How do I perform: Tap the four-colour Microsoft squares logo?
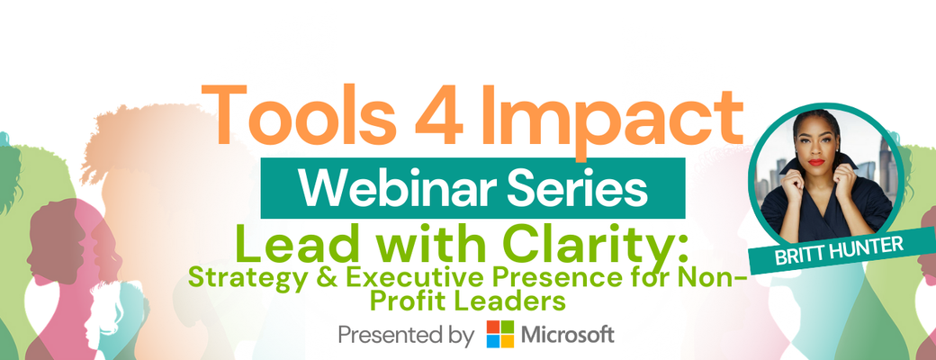point(500,334)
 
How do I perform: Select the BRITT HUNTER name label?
point(841,252)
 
